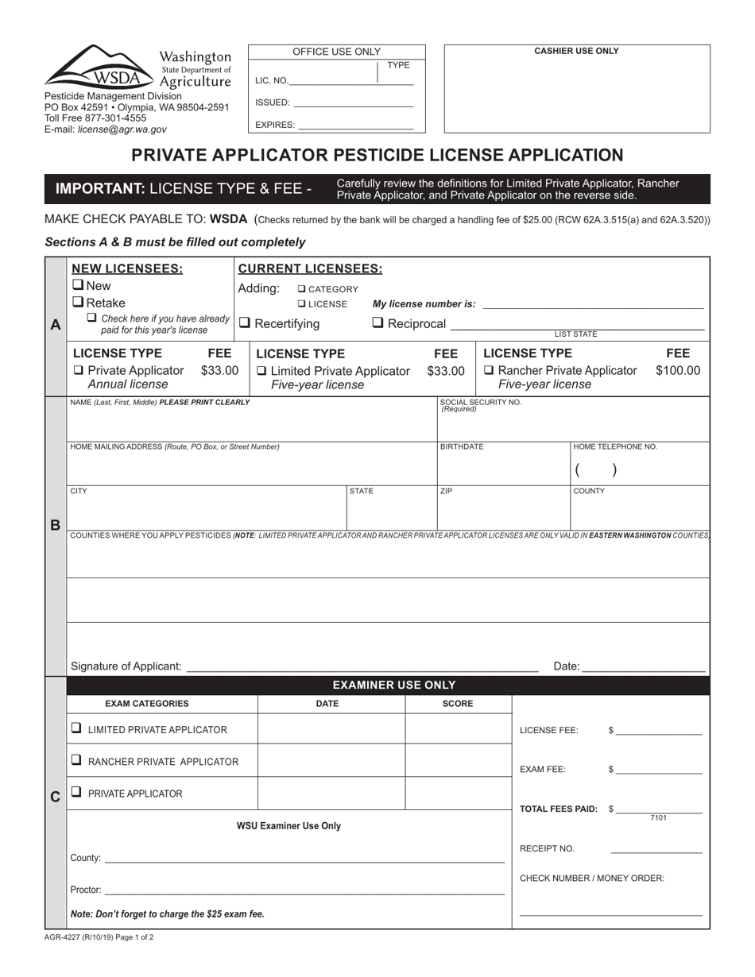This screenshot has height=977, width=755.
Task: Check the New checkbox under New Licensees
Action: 78,285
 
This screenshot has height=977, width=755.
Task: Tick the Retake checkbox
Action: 78,302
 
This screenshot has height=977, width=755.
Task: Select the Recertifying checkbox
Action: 245,323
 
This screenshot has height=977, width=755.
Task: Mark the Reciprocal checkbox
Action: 378,323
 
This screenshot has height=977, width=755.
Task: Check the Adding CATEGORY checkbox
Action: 302,289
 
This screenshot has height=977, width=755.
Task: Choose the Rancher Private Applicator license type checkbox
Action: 488,371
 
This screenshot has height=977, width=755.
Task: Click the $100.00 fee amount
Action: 677,371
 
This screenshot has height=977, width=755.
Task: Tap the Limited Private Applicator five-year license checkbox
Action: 261,371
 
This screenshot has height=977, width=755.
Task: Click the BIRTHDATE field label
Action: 462,447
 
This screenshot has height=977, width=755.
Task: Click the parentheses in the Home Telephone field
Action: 595,470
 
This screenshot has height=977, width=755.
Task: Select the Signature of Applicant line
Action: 362,667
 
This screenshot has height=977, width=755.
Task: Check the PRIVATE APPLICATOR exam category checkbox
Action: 76,792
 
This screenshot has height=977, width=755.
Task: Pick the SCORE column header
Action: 458,704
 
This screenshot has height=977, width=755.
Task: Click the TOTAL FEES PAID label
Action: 558,809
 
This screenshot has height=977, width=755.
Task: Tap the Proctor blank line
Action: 304,890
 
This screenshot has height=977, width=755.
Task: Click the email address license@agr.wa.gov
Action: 122,129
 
